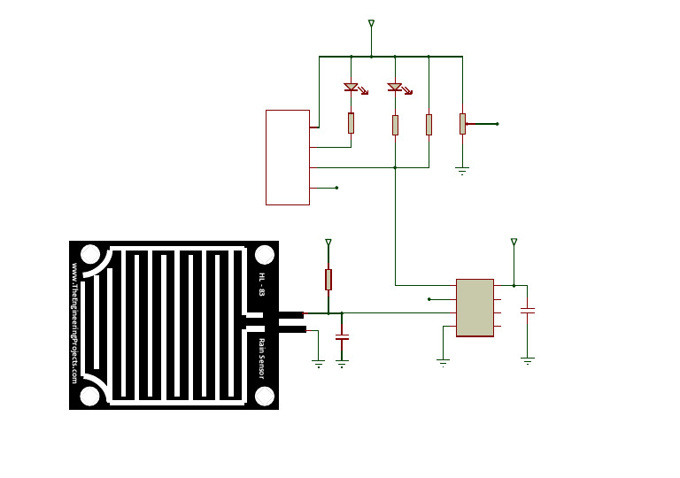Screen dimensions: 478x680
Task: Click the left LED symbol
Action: pos(351,87)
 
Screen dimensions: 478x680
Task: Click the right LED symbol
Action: pos(395,87)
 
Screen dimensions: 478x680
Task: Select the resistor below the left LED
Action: pos(351,123)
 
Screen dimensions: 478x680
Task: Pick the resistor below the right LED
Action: pos(395,125)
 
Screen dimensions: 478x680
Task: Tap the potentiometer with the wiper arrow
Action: pos(462,123)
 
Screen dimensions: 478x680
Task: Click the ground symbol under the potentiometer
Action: pos(462,168)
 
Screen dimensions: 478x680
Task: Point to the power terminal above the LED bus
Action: pos(371,24)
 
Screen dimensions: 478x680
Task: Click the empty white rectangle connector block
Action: pos(288,158)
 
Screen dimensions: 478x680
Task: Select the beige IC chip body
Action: pos(475,307)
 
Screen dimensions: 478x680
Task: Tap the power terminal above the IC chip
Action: pos(514,242)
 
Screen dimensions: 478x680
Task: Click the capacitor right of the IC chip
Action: pos(528,311)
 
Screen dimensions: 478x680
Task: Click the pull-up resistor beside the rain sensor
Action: pos(328,280)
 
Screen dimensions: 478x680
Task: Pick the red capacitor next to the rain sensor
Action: pos(342,337)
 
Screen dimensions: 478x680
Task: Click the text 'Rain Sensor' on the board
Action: pos(262,358)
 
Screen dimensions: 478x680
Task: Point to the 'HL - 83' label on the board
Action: pos(262,283)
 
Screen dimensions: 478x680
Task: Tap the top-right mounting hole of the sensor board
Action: pos(264,255)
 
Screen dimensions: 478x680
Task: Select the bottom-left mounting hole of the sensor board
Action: pos(90,396)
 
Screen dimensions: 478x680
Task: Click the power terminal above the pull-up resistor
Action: pos(328,243)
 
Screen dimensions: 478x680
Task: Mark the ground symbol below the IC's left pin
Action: pos(444,361)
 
